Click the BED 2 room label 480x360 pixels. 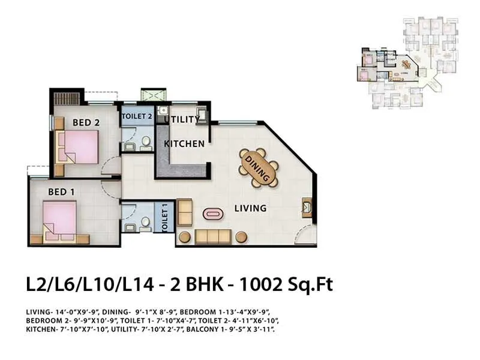point(86,122)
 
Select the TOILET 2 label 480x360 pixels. point(137,116)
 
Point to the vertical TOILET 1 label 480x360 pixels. point(164,218)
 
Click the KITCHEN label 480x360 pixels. point(184,144)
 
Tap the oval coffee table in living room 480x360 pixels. point(213,213)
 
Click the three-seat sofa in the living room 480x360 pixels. point(212,236)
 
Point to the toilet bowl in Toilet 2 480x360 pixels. point(145,143)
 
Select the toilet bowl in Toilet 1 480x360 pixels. point(145,223)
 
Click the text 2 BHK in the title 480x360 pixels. point(191,284)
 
